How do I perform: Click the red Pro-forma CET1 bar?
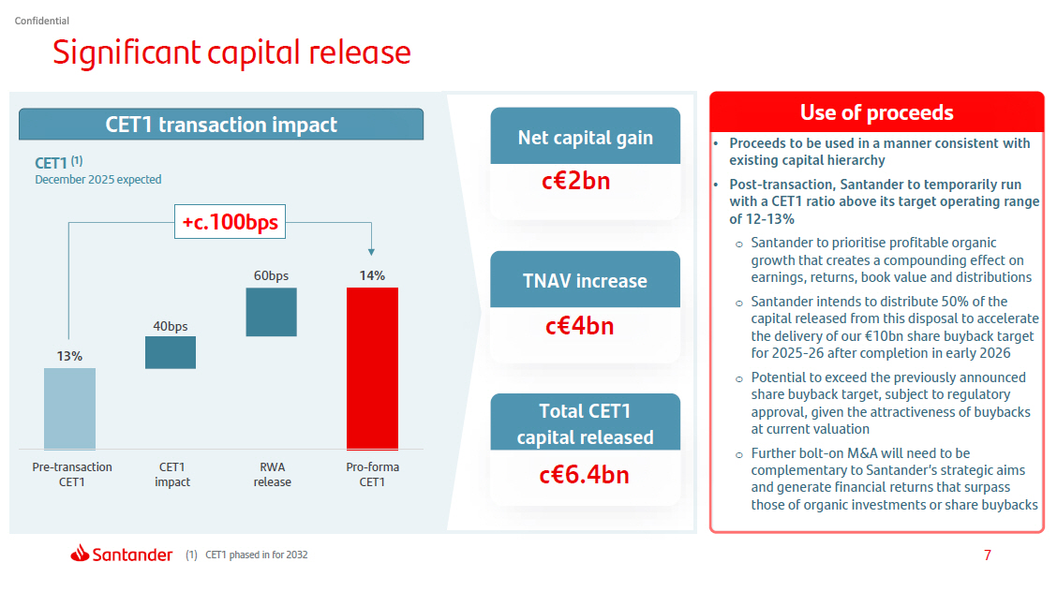tap(372, 368)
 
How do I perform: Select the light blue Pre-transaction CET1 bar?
tap(69, 408)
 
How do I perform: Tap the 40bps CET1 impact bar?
tap(171, 352)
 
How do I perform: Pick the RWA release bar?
tap(271, 312)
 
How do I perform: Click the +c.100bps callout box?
tap(231, 222)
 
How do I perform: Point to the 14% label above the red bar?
tap(372, 275)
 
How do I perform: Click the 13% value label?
tap(69, 356)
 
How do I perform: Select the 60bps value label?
tap(271, 275)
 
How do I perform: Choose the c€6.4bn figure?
tap(584, 475)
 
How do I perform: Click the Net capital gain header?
tap(585, 138)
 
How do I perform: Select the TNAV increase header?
tap(585, 281)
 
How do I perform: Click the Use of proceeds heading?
tap(876, 112)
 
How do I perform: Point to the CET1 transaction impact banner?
tap(221, 125)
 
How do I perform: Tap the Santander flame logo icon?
tap(79, 554)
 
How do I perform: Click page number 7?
tap(987, 555)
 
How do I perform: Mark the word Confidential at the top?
tap(42, 21)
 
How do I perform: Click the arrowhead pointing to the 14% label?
tap(372, 251)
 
